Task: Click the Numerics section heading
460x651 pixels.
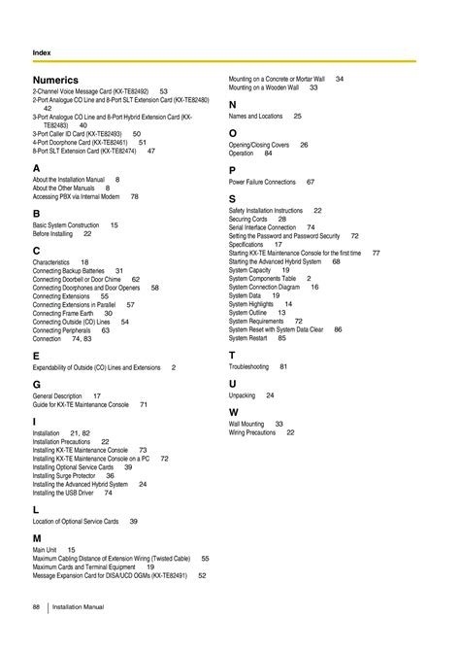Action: (55, 79)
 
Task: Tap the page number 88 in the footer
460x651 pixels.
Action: (36, 606)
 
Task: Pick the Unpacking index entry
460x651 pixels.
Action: (243, 395)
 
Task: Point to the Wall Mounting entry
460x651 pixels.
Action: (246, 424)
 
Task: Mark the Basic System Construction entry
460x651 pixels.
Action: (67, 224)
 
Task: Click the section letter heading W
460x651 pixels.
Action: (234, 412)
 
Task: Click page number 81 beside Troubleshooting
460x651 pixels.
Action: (283, 366)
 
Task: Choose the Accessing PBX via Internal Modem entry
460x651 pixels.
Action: (77, 195)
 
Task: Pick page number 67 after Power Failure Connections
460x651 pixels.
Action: (310, 182)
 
